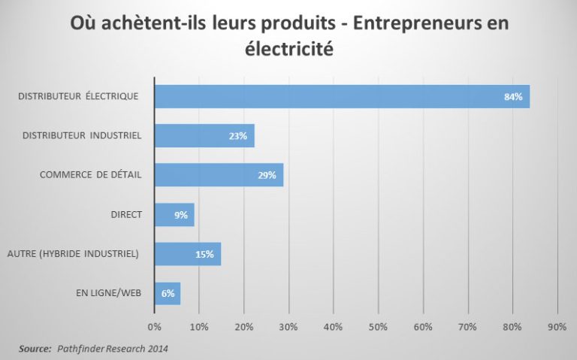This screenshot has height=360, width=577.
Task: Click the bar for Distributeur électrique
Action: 342,97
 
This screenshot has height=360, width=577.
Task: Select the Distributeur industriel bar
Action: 204,136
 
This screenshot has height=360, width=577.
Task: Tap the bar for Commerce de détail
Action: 219,175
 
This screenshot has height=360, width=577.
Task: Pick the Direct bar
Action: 174,215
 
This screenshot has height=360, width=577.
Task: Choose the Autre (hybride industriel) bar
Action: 188,254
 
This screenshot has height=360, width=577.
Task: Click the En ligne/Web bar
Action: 168,293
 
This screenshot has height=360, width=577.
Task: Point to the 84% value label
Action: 513,97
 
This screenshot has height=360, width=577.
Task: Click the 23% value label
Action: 238,136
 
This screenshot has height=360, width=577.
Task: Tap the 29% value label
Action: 267,176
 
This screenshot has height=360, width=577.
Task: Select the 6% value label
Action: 168,293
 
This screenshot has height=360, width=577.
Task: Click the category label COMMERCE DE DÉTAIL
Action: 91,175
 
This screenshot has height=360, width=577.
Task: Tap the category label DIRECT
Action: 126,215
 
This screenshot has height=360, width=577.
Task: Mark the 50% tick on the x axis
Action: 378,326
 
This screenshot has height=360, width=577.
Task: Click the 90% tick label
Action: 557,326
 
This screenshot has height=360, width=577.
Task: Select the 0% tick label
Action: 154,326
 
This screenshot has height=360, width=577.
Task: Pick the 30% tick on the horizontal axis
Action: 288,326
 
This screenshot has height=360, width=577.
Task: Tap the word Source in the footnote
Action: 35,349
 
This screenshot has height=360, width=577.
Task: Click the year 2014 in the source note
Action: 157,349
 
